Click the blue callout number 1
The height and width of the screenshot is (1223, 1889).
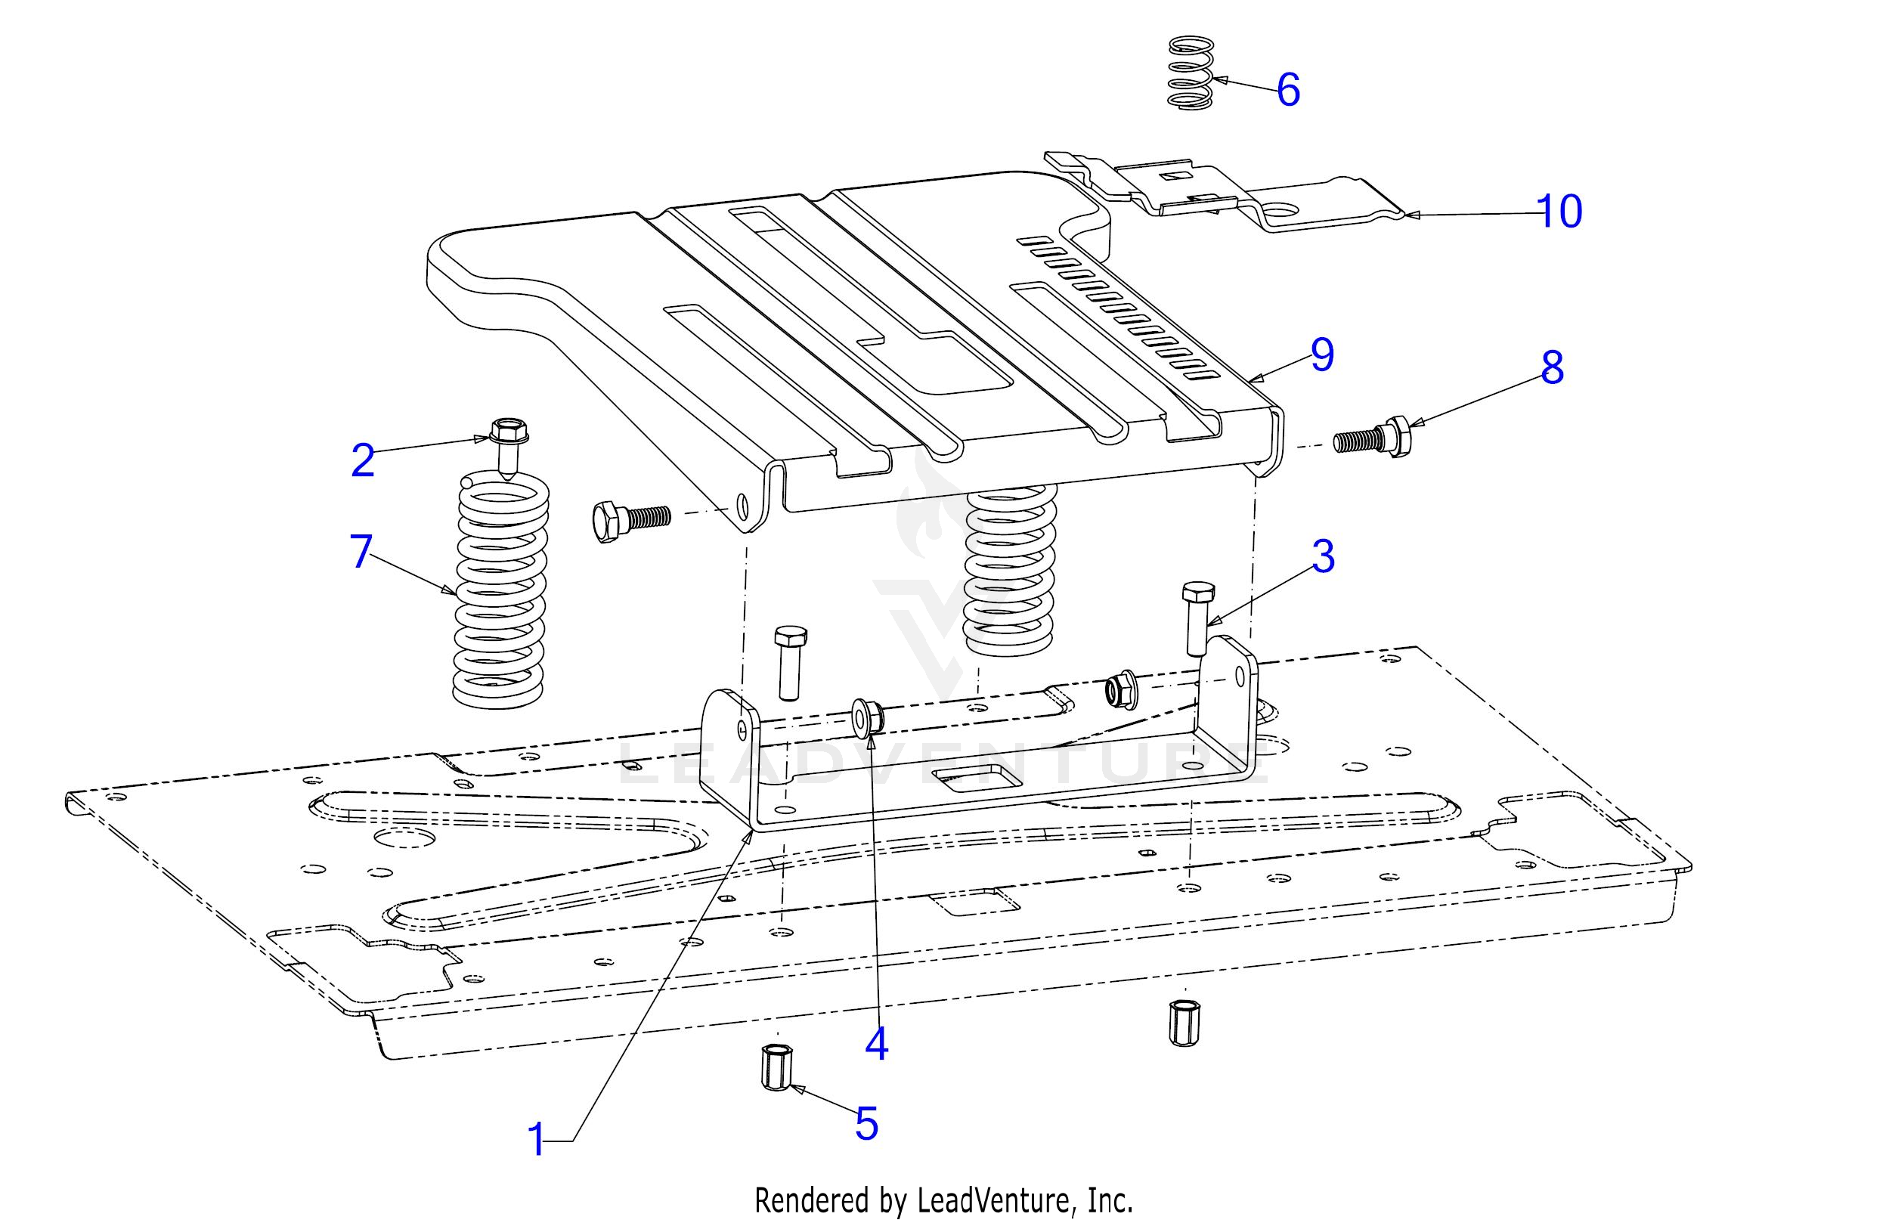click(537, 1141)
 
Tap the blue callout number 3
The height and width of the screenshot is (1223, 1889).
click(1322, 556)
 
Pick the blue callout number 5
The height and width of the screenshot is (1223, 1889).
click(866, 1124)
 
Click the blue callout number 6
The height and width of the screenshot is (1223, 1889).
click(1288, 90)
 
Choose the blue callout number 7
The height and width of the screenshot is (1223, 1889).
click(361, 551)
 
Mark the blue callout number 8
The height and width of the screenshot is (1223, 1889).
click(1552, 367)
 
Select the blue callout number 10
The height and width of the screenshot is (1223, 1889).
click(1559, 211)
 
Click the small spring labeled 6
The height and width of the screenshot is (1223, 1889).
click(1190, 73)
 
